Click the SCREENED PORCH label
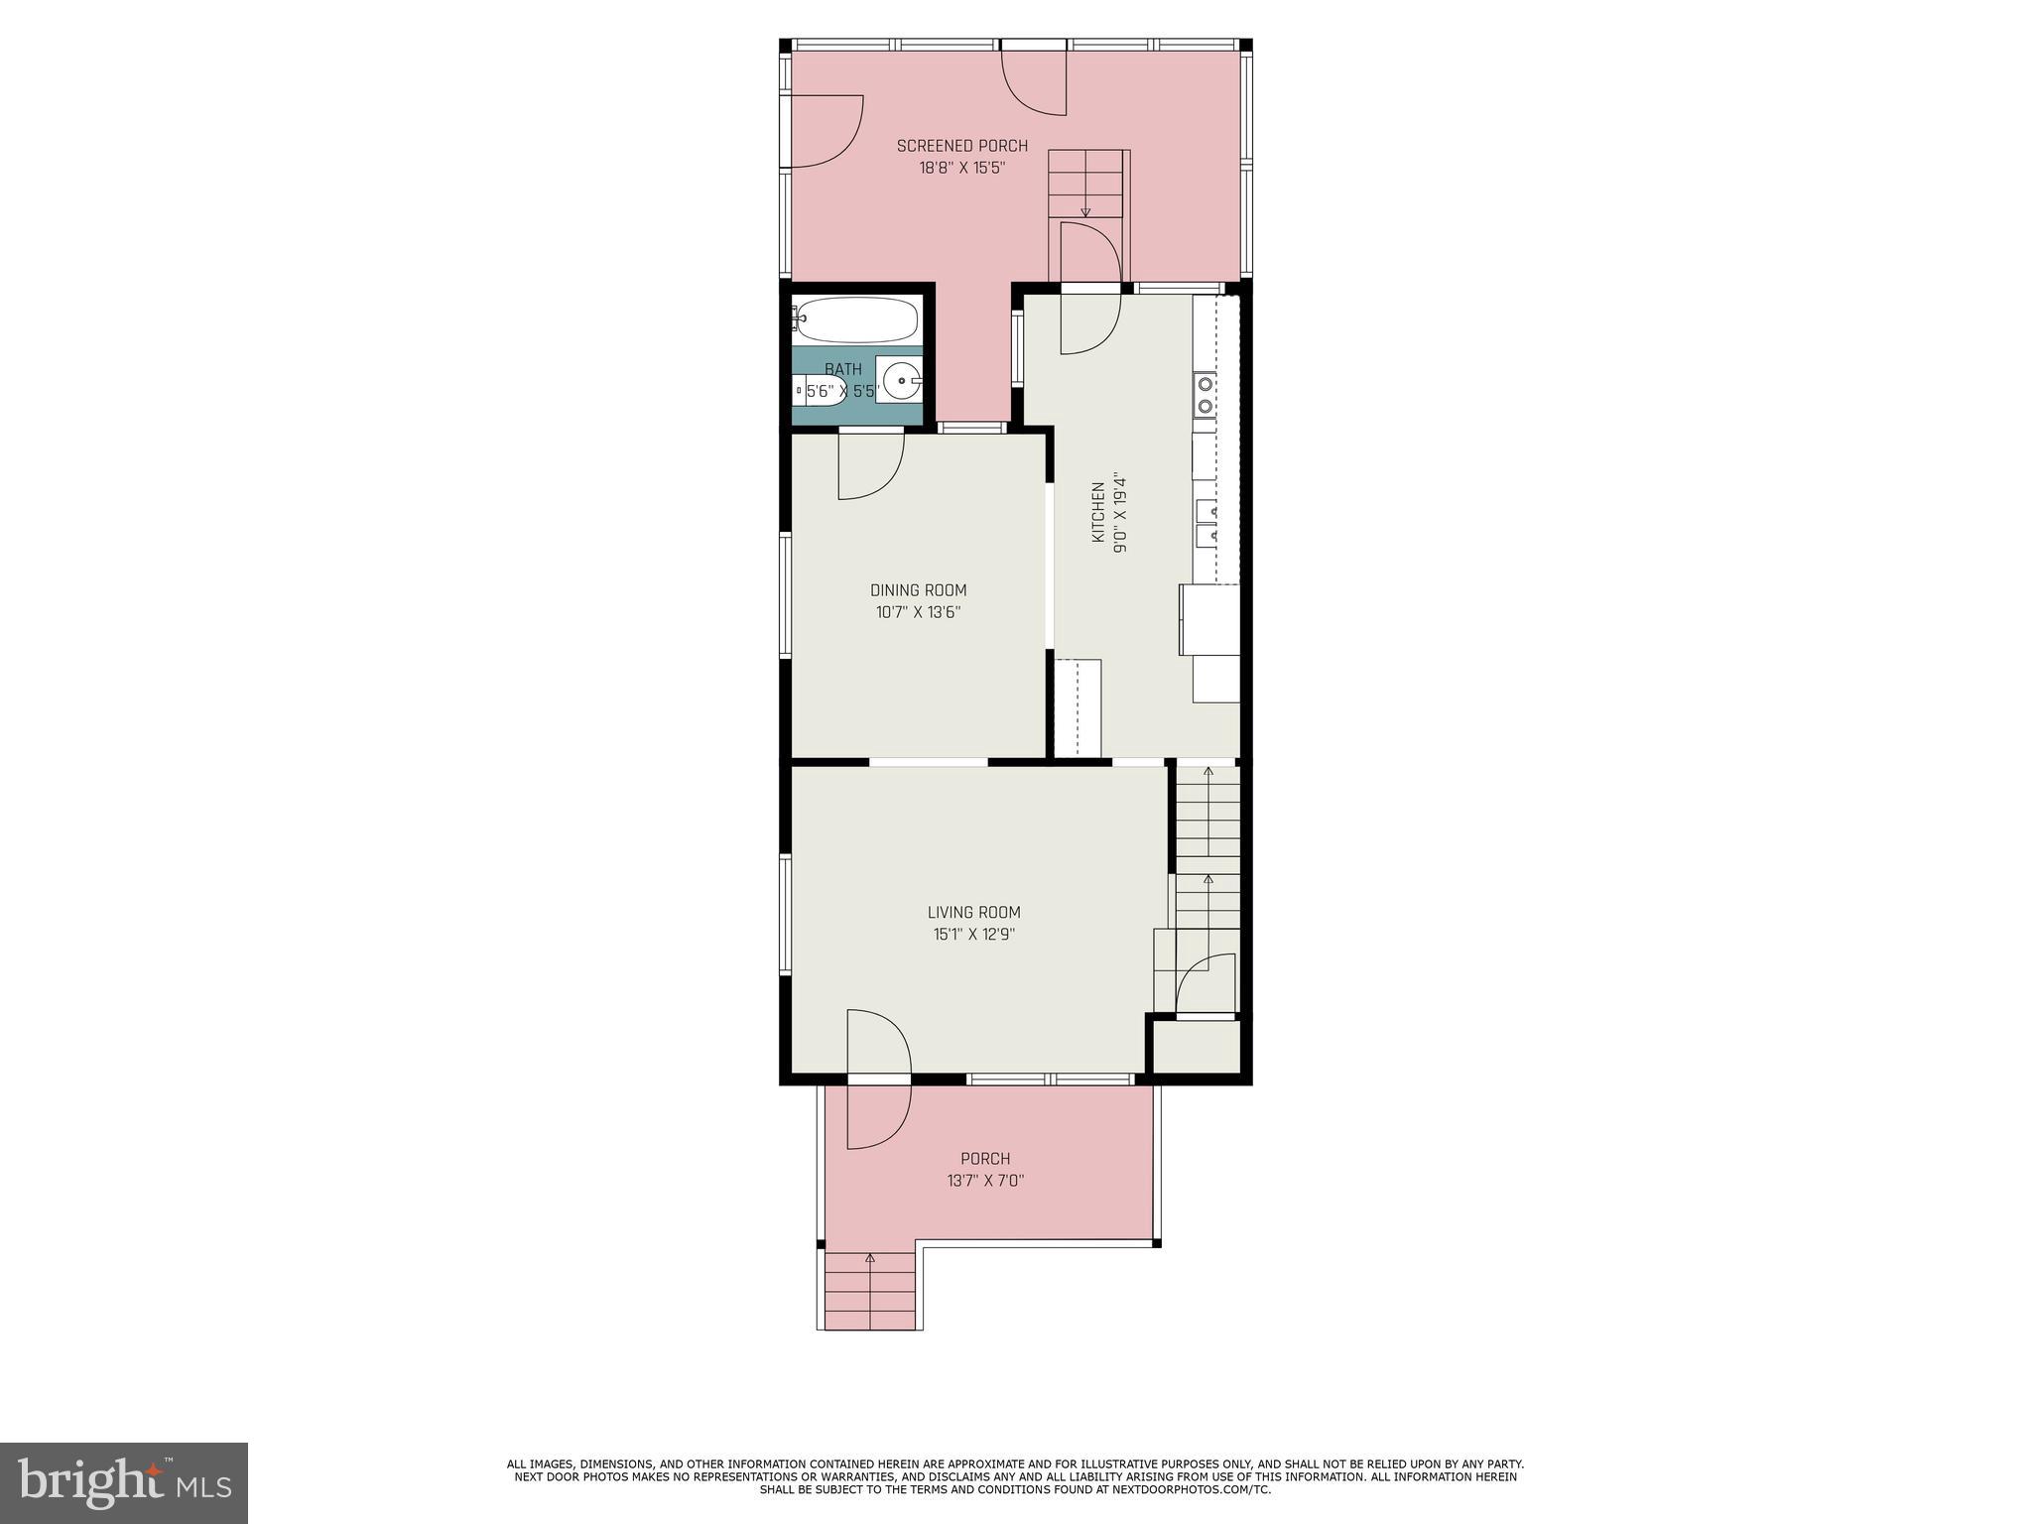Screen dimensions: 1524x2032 click(x=961, y=146)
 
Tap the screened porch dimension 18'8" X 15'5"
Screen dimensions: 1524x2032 click(x=961, y=168)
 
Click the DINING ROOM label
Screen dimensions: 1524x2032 click(x=918, y=590)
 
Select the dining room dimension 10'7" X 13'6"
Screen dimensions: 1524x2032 click(x=918, y=612)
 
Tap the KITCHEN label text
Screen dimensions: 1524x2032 click(x=1098, y=513)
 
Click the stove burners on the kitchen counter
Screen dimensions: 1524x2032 click(x=1205, y=394)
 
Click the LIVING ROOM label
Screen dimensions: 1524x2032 click(x=973, y=913)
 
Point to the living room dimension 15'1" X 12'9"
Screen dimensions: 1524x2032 click(x=973, y=934)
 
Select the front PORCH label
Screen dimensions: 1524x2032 click(x=984, y=1159)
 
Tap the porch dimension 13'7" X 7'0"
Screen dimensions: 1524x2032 click(x=984, y=1181)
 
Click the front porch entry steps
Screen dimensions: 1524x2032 click(x=870, y=1289)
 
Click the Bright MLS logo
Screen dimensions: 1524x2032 click(x=124, y=1482)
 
